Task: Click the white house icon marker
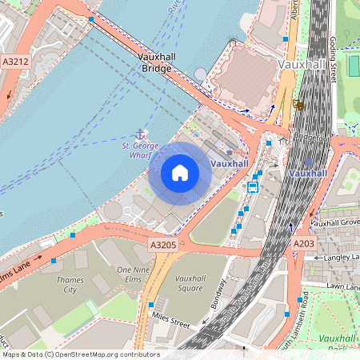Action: [x=180, y=173]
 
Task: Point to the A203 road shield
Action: [x=303, y=243]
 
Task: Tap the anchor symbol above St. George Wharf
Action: [x=140, y=133]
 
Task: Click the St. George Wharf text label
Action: [x=140, y=150]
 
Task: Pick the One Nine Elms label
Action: [x=134, y=275]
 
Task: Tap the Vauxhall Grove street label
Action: [x=337, y=222]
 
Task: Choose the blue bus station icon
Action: [x=252, y=187]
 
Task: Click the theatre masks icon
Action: [x=298, y=103]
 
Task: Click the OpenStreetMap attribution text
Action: [x=80, y=354]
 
